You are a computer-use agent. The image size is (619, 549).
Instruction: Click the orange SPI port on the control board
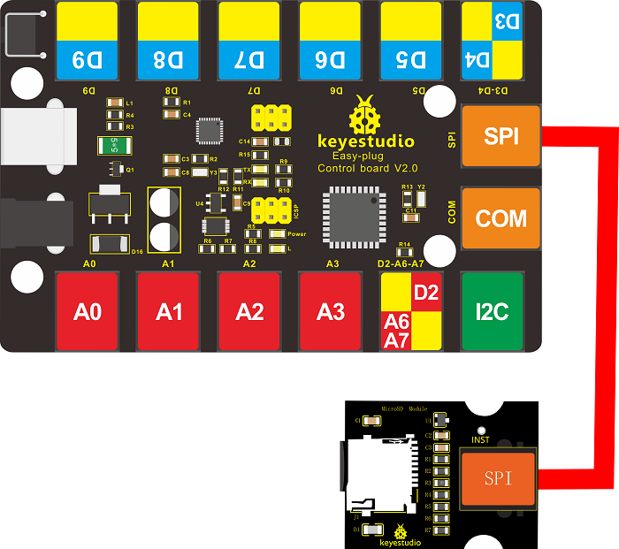[x=501, y=135]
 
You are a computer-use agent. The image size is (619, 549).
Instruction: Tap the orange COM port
[x=501, y=218]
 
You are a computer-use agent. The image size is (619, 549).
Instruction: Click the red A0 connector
[x=88, y=311]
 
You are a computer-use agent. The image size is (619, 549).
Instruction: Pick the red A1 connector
[x=168, y=311]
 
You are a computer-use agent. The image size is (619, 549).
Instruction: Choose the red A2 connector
[x=250, y=311]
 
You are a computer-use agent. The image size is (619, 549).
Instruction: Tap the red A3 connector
[x=331, y=311]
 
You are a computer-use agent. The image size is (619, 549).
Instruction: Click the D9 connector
[x=88, y=41]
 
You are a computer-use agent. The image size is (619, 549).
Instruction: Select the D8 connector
[x=168, y=41]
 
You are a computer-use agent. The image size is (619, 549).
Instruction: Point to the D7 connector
[x=250, y=41]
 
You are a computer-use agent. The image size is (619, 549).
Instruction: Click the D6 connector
[x=332, y=41]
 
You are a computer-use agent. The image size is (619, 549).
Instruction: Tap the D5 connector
[x=412, y=41]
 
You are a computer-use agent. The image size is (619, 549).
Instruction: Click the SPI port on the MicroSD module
[x=497, y=478]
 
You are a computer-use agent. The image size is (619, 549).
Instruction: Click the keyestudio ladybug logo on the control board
[x=363, y=116]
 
